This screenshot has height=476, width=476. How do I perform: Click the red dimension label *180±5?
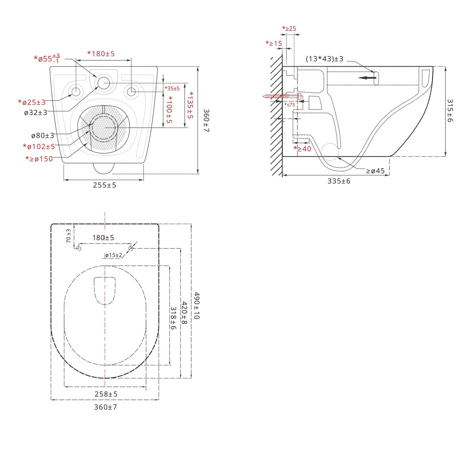(101, 54)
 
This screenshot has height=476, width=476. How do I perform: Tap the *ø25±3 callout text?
(32, 102)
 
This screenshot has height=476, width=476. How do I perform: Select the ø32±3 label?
(36, 113)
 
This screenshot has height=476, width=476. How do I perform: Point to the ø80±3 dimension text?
(42, 135)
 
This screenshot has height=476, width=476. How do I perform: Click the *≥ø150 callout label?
(39, 159)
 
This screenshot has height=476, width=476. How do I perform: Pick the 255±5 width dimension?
(104, 185)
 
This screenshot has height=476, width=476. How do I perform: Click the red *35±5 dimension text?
(172, 88)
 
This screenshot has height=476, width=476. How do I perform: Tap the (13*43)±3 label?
(324, 59)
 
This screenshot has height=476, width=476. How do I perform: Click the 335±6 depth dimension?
(339, 181)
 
